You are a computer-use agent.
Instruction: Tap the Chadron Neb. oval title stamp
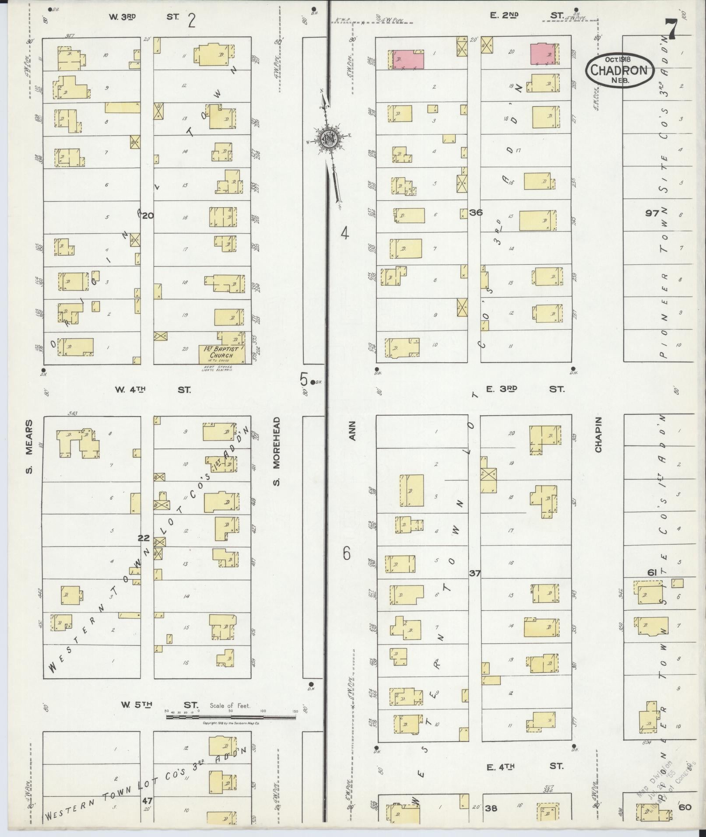coord(620,70)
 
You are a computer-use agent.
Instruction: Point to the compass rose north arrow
coord(327,139)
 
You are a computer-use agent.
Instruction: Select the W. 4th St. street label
coord(153,389)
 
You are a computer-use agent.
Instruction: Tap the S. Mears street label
coord(29,447)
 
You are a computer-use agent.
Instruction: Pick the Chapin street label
coord(598,434)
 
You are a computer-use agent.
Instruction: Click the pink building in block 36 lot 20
coord(543,54)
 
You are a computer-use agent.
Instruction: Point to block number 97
coord(652,213)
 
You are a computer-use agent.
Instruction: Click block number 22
coord(144,538)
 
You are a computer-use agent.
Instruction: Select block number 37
coord(474,573)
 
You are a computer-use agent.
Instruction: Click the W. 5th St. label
coord(159,705)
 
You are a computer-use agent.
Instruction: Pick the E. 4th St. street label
coord(524,766)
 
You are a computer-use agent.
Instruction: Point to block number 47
coord(147,800)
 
